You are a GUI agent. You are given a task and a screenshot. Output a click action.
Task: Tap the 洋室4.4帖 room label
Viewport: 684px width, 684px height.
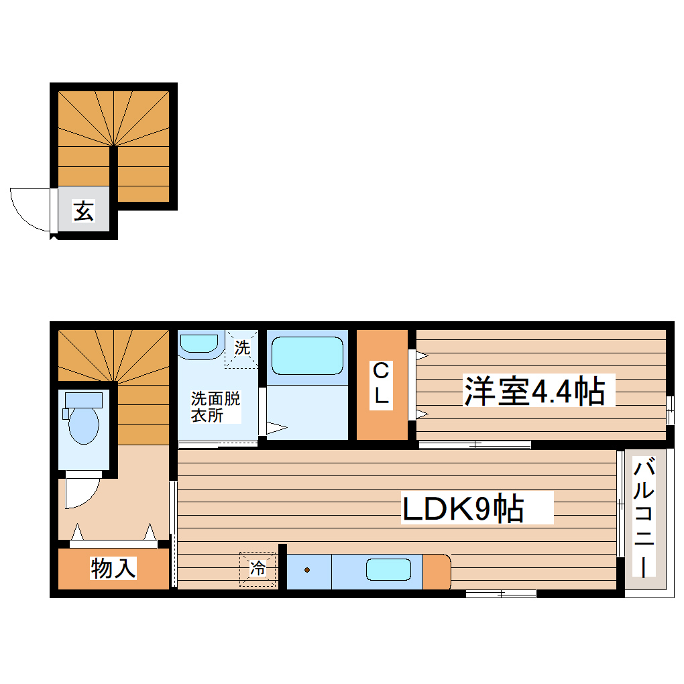[x=534, y=392]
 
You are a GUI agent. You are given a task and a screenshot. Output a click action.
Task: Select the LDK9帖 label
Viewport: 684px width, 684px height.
[x=463, y=510]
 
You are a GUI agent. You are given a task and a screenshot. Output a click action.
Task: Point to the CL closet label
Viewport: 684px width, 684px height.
[x=381, y=383]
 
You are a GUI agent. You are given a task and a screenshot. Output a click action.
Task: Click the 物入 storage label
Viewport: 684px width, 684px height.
[x=113, y=569]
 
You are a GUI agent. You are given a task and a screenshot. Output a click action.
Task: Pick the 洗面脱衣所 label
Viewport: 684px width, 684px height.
[x=215, y=406]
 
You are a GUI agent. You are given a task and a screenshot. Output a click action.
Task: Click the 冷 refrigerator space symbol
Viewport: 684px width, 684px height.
[x=258, y=569]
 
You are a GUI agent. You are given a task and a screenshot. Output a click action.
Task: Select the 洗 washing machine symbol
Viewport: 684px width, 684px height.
[x=241, y=349]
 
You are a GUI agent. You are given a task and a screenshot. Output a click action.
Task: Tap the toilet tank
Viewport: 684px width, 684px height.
[x=83, y=400]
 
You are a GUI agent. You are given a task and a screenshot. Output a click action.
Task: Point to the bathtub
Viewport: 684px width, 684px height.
[x=307, y=355]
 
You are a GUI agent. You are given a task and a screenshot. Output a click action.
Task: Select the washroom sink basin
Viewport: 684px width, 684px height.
[x=200, y=343]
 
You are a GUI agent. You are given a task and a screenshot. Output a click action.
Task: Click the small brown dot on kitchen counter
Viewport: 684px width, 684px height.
[x=307, y=571]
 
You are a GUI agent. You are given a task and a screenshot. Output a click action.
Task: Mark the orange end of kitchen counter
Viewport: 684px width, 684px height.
[x=436, y=571]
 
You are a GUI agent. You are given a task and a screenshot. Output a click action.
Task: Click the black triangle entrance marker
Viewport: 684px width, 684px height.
[x=54, y=237]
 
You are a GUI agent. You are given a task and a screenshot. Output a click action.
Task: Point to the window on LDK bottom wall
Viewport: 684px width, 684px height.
[x=500, y=593]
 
